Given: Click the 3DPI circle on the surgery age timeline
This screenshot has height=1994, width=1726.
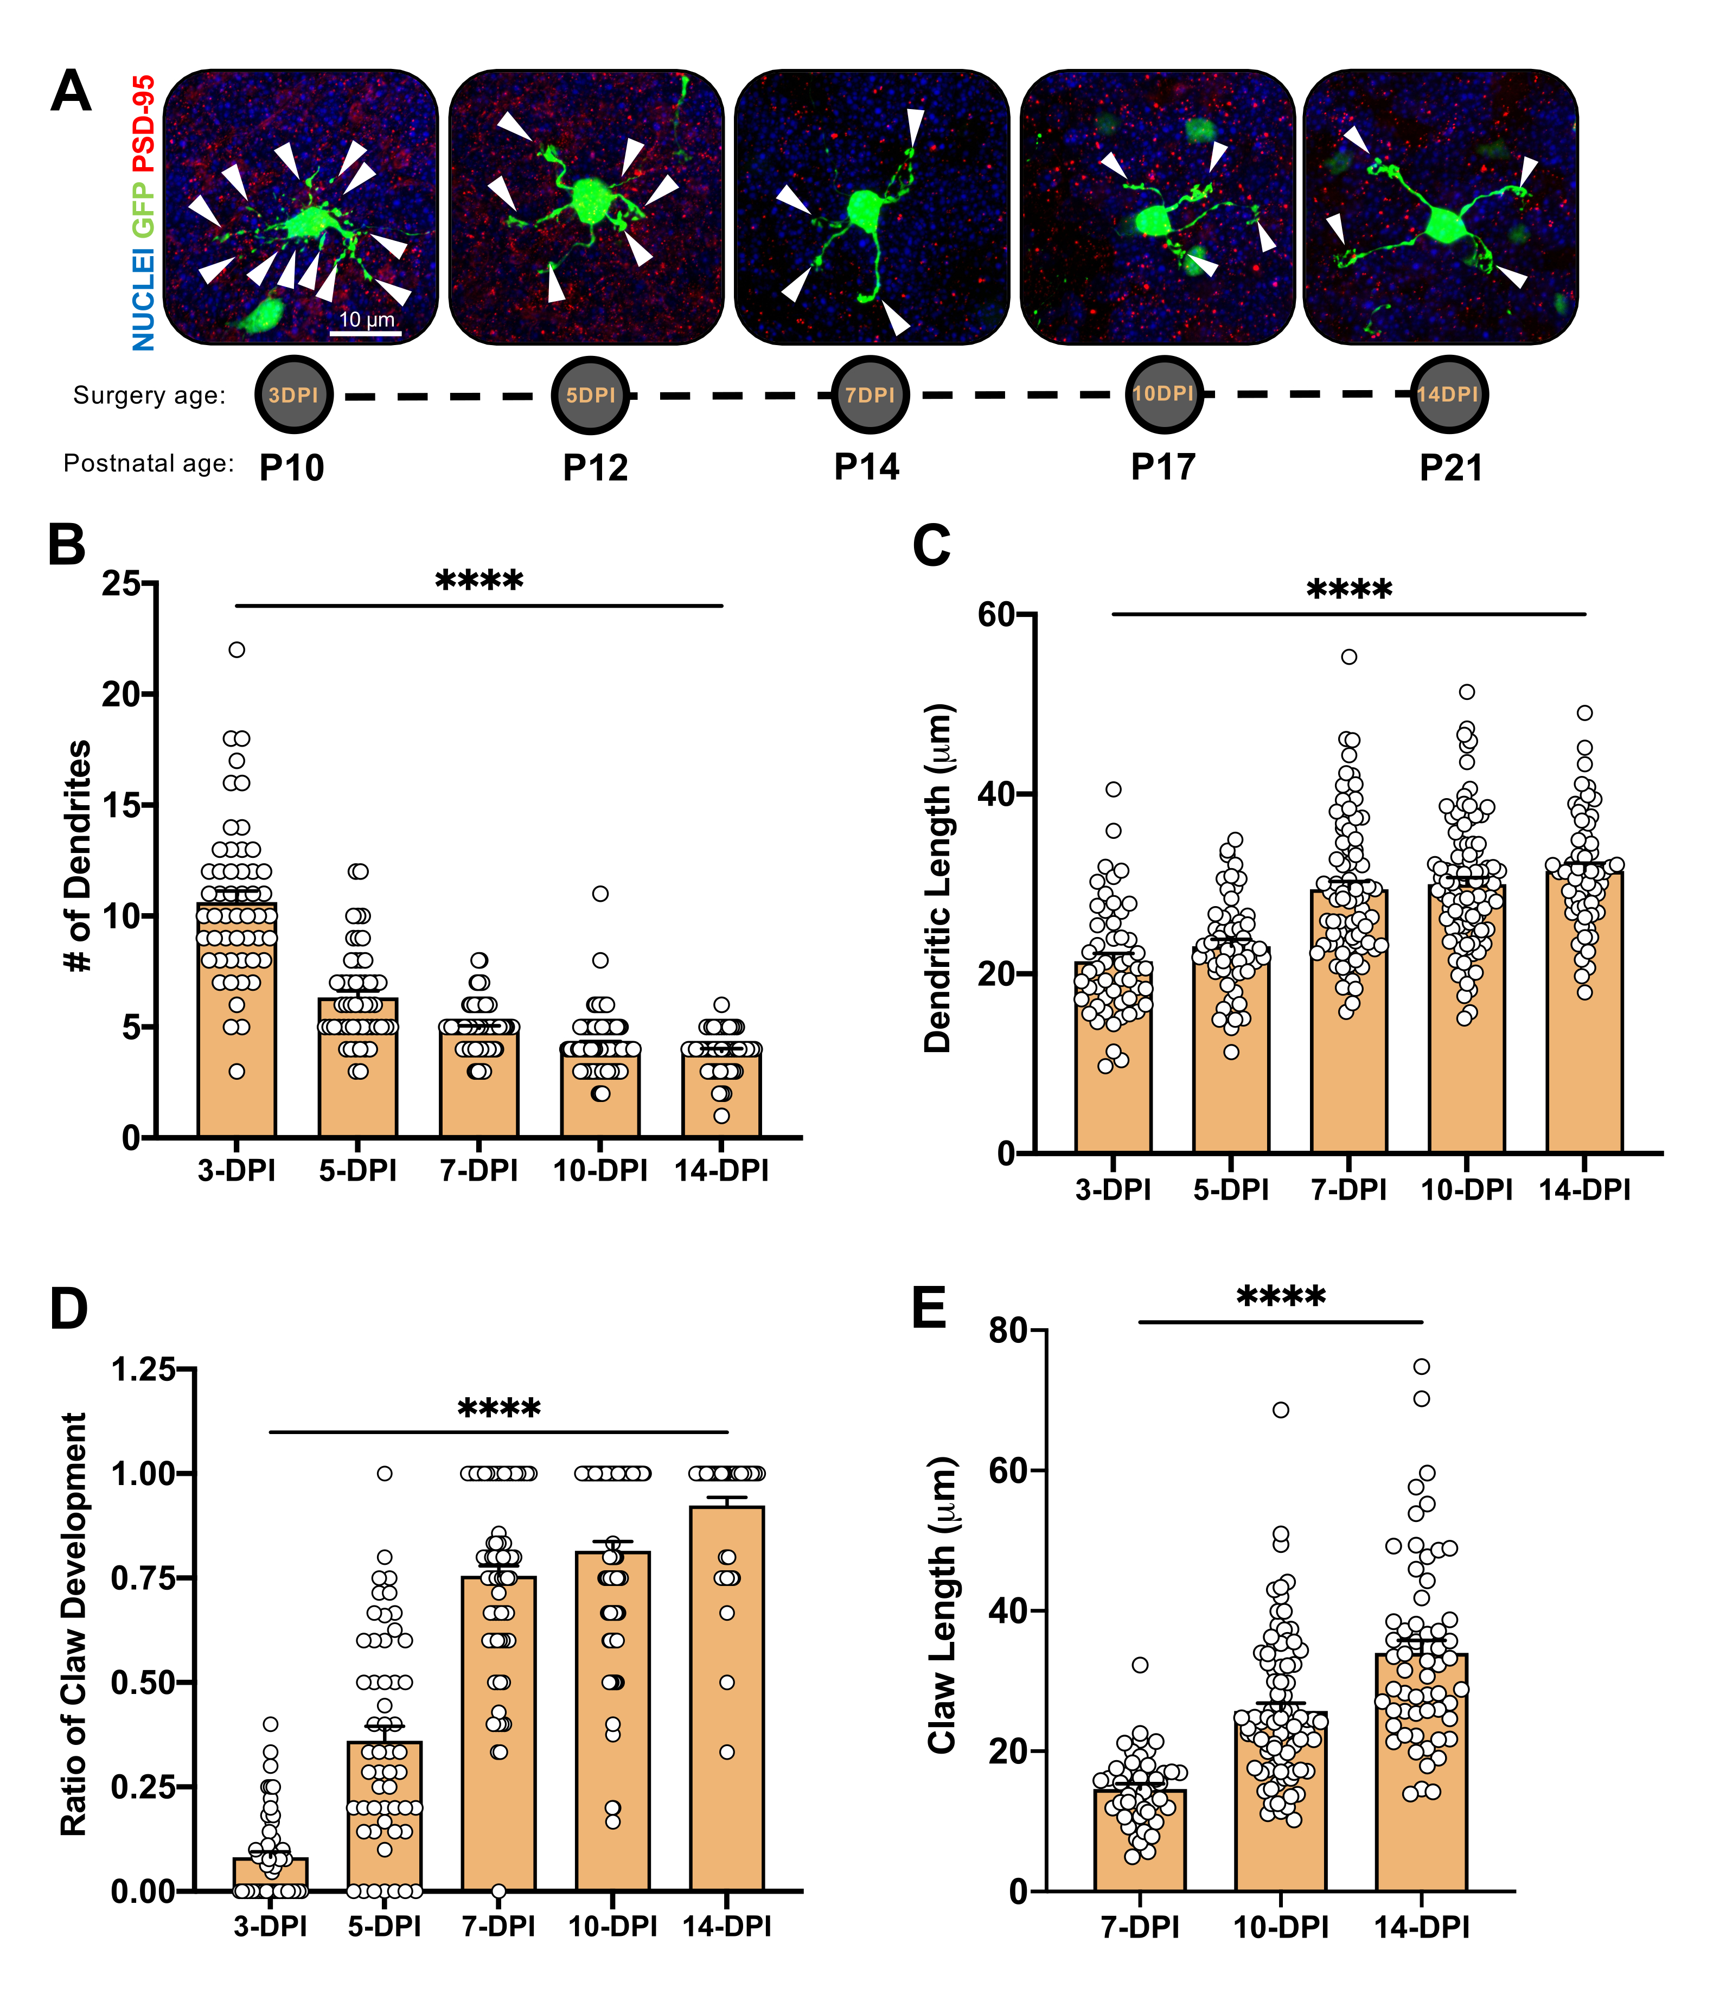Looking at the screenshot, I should click(x=294, y=395).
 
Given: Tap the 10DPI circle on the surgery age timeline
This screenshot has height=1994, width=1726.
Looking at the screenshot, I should click(x=1164, y=394).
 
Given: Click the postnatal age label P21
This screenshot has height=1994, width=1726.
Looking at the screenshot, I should click(x=1450, y=468).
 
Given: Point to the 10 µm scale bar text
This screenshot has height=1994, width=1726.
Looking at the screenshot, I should click(x=366, y=320).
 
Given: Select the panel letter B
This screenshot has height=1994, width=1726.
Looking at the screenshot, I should click(x=67, y=545).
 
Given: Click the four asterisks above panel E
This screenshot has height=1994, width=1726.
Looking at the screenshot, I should click(x=1281, y=1297).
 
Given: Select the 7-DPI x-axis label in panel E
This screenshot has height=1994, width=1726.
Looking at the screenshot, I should click(x=1140, y=1927).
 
